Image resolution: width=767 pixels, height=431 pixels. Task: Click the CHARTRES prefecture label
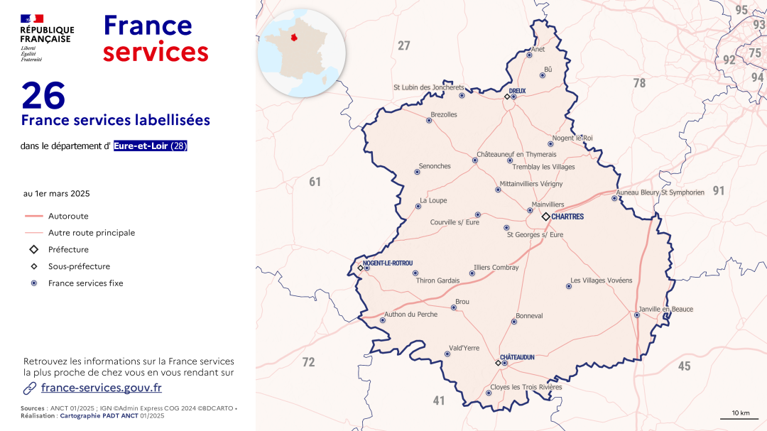[x=567, y=217]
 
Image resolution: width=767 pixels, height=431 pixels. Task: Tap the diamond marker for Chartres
[x=545, y=217]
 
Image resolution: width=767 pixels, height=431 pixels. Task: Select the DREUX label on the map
[x=517, y=91]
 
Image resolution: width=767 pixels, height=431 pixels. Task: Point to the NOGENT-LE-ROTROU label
[x=387, y=263]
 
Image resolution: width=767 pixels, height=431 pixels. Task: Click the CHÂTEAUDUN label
[x=517, y=357]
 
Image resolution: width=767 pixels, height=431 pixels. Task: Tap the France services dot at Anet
[x=529, y=55]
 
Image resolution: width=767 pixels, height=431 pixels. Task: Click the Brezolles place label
[x=444, y=114]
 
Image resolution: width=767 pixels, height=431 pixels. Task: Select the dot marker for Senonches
[x=418, y=172]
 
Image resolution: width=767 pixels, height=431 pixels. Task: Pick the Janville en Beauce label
[x=665, y=310]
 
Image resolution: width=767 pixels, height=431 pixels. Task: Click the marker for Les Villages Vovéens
[x=569, y=287]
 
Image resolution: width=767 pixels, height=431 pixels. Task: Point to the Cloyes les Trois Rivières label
[x=526, y=387]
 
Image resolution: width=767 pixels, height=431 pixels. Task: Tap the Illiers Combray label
[x=496, y=268]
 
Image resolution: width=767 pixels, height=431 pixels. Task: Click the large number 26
[x=43, y=95]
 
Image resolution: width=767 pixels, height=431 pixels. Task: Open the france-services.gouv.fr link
[x=102, y=388]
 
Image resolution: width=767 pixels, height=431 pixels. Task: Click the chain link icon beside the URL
[x=30, y=388]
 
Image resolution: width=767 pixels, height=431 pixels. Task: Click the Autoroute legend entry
[x=68, y=216]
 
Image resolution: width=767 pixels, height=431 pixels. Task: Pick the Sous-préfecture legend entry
[x=79, y=266]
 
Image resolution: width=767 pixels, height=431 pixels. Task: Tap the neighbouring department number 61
[x=315, y=182]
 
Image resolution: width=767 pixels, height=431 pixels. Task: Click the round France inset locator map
[x=301, y=53]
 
